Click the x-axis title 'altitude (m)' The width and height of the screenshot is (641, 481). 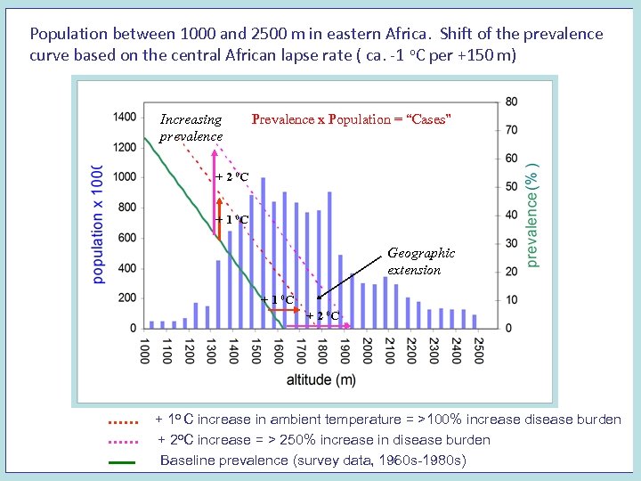point(320,380)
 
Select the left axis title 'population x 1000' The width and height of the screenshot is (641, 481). point(98,224)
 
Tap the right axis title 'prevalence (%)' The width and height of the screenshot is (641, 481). point(533,215)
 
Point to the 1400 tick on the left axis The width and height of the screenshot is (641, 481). point(125,117)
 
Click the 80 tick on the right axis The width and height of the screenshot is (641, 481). point(511,102)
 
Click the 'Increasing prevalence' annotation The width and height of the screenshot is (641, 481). point(191,127)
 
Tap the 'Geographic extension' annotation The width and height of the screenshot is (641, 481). point(420,261)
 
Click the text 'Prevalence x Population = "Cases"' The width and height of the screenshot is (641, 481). point(352,119)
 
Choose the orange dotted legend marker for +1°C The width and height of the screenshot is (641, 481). point(122,420)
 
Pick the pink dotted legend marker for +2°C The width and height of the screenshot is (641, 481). point(122,441)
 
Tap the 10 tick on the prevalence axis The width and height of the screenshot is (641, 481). point(511,299)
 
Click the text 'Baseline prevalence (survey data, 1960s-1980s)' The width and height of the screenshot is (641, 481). point(312,461)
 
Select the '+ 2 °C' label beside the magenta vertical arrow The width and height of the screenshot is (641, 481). point(232,176)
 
